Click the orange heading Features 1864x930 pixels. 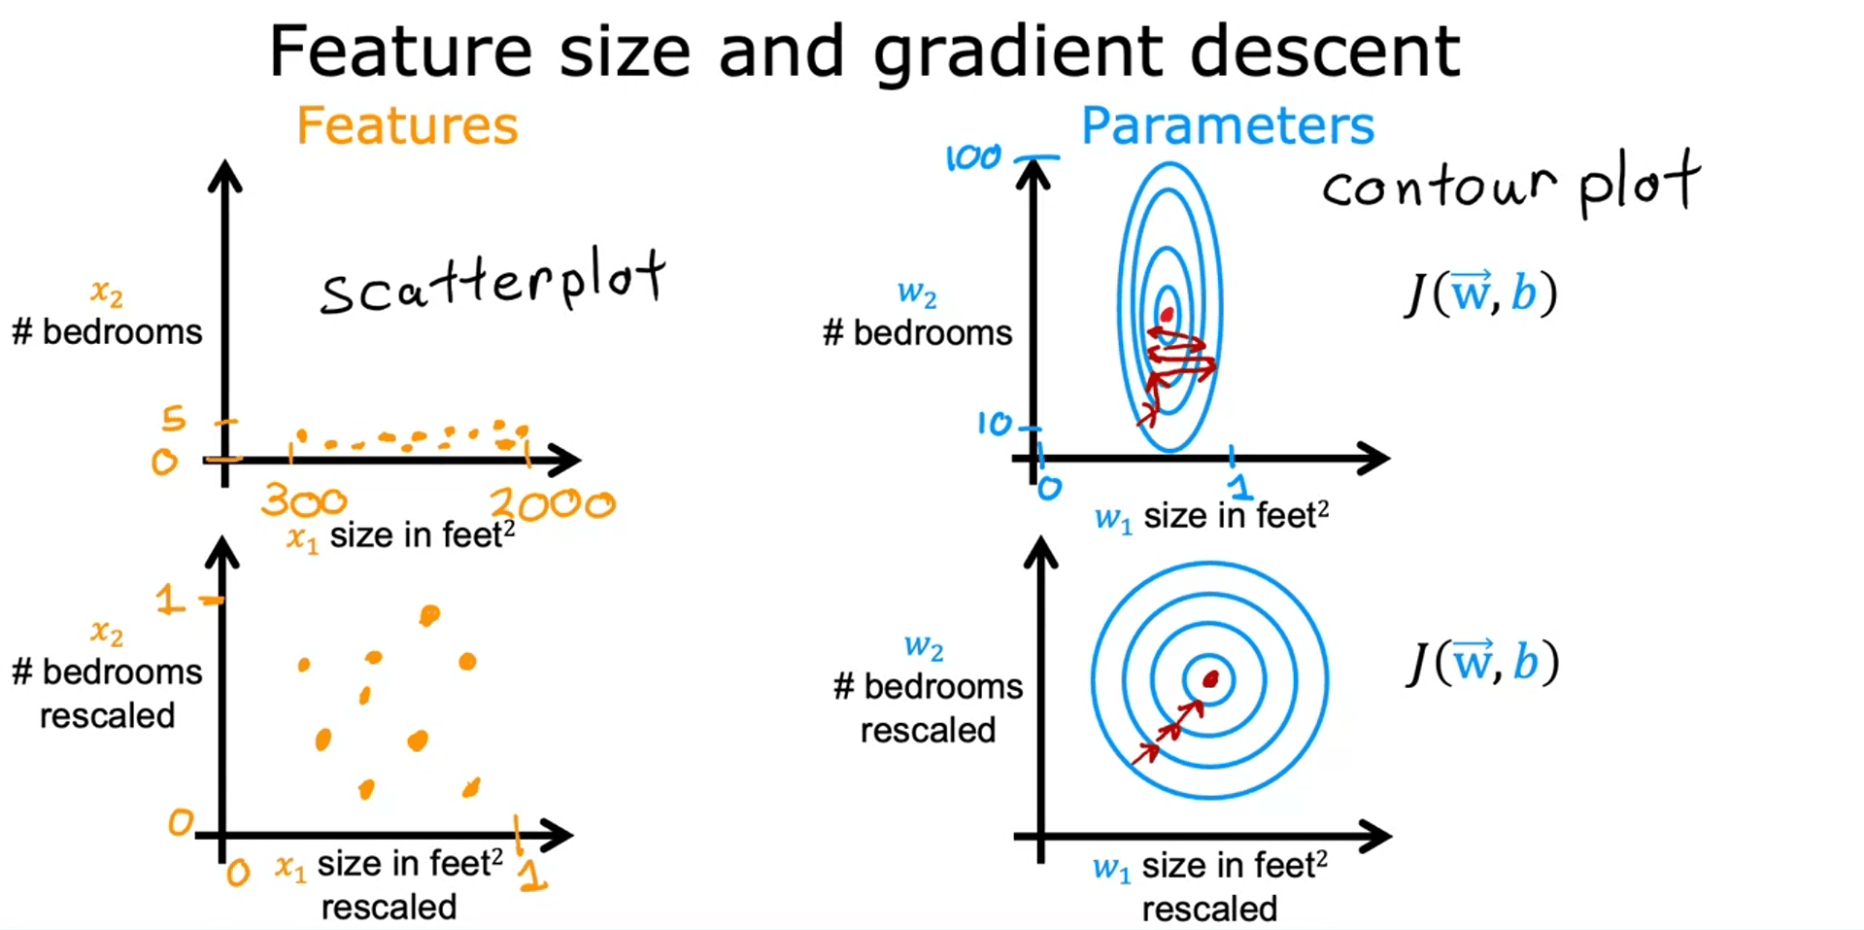[407, 125]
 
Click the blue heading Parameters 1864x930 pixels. [1228, 125]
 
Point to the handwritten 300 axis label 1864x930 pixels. [304, 500]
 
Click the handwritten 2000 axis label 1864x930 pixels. [553, 503]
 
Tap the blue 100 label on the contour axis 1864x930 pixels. [972, 156]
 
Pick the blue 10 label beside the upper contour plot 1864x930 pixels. [995, 423]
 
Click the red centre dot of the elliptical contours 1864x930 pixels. [1167, 315]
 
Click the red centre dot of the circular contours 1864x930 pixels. [1210, 679]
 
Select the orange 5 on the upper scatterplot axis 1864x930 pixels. [173, 418]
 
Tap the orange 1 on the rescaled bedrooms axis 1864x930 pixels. [169, 599]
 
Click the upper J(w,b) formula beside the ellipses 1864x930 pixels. [1480, 293]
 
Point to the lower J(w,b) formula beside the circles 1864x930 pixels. [1482, 662]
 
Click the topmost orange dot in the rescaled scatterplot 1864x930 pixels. [429, 614]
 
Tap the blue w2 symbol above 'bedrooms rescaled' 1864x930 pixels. [924, 646]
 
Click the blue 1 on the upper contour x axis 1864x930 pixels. [1237, 472]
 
